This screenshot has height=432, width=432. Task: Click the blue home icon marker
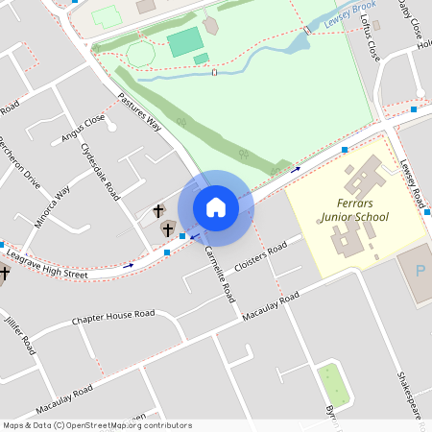216,206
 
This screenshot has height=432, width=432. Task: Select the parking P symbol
420,272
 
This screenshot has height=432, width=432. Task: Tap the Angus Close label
83,128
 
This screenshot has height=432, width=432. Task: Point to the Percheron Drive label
19,165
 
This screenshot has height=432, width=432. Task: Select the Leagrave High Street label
48,274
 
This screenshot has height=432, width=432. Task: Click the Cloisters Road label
261,256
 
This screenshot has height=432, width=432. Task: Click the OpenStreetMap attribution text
96,425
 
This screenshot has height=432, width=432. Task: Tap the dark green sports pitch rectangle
185,40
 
